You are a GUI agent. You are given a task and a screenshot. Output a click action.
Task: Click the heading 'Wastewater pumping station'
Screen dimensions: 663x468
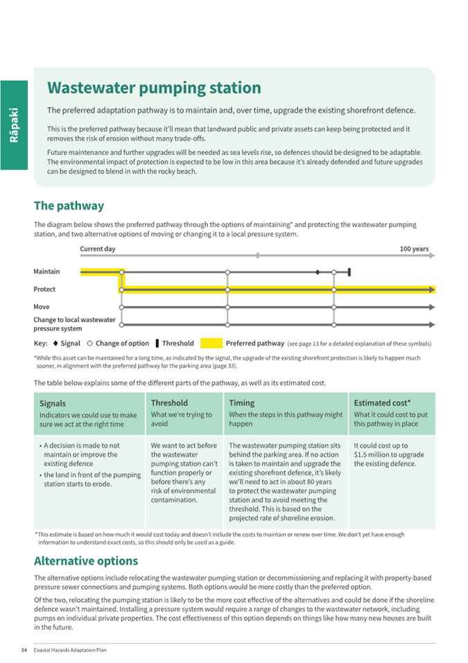pos(154,88)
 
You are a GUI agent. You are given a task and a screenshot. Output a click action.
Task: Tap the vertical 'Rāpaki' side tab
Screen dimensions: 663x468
pos(14,125)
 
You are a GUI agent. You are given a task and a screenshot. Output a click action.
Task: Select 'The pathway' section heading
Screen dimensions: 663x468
pos(69,205)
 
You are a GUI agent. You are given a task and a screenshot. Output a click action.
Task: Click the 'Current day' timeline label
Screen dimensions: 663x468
pos(98,249)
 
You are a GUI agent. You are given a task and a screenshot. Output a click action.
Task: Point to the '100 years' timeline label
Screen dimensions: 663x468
pos(414,249)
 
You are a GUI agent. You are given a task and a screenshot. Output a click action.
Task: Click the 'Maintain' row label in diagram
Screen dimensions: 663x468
pos(46,271)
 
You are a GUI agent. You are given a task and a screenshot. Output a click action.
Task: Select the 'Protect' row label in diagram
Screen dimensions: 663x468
pos(44,289)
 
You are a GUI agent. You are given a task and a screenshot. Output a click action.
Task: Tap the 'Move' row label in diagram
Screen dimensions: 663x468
pos(42,306)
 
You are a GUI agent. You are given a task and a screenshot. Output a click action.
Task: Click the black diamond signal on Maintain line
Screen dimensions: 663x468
pos(318,272)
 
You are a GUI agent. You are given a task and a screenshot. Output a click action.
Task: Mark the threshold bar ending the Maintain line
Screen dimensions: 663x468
pos(349,272)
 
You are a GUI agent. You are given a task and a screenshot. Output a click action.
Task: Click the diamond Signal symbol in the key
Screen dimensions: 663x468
pos(55,343)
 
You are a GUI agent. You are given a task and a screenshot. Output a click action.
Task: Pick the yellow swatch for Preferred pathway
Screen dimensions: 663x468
pos(211,343)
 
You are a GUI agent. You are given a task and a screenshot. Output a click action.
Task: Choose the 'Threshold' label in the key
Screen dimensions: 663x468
pos(177,343)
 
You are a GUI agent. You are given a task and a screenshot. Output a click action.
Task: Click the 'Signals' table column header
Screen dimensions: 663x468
pos(53,403)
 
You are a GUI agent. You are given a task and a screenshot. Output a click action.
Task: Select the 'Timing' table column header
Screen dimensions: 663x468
pos(241,403)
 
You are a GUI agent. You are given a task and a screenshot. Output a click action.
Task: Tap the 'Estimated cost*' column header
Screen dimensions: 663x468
pos(382,403)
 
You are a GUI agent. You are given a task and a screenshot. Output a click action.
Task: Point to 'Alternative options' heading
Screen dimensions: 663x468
pos(86,560)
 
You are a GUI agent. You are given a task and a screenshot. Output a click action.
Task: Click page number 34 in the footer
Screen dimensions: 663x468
pos(24,650)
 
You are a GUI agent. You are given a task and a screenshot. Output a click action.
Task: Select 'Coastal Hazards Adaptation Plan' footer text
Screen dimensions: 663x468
pos(70,650)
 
